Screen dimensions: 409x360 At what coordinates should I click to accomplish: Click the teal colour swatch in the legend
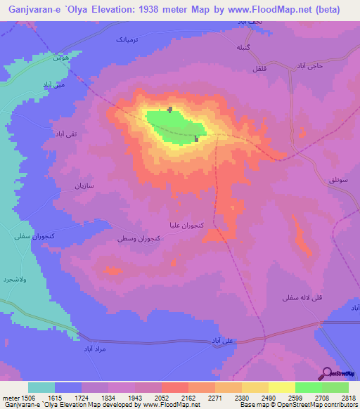41,387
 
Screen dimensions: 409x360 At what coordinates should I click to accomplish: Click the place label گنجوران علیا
185,227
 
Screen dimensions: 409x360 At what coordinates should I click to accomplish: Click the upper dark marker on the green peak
171,109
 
